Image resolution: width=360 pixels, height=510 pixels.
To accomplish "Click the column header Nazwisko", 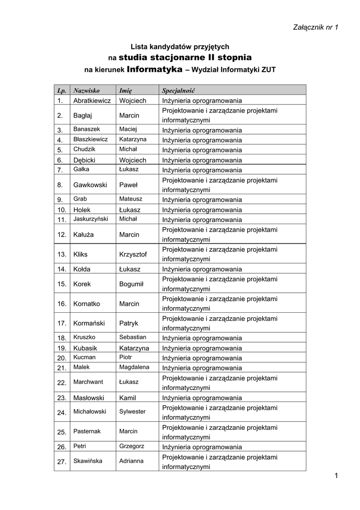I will tap(87, 91).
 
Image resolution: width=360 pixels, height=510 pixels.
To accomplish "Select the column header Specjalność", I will tap(178, 91).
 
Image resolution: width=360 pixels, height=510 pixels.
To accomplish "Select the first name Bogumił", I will tap(131, 284).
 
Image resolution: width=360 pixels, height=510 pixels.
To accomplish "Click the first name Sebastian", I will tap(132, 337).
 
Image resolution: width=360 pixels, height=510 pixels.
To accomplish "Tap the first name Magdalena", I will tap(134, 367).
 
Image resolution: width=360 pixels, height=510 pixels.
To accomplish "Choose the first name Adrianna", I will tap(131, 461).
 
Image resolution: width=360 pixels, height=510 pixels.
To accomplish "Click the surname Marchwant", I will tap(88, 382).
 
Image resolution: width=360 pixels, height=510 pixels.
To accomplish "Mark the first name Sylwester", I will tap(132, 411).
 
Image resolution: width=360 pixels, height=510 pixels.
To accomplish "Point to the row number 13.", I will tap(62, 255).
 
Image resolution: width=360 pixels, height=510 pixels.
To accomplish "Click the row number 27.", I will tap(62, 462).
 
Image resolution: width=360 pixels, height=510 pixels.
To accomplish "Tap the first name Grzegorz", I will tap(132, 446).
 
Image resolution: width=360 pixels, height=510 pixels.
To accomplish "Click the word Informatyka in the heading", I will tap(155, 69).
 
